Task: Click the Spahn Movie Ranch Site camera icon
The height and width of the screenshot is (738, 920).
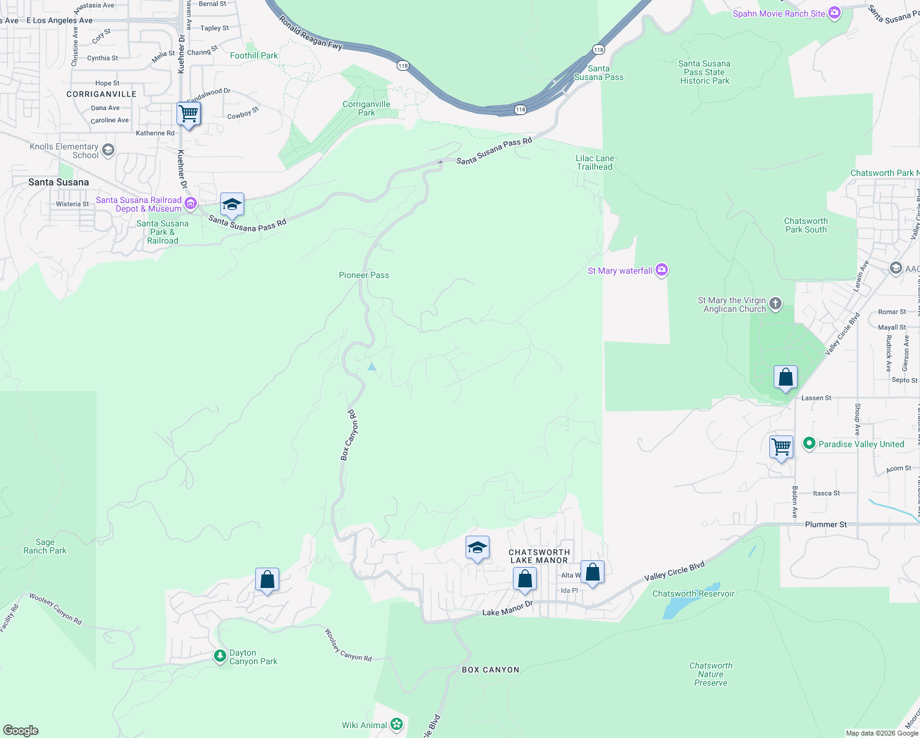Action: point(834,13)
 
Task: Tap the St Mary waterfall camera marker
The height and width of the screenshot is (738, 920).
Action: point(662,269)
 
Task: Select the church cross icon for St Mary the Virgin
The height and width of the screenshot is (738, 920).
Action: point(775,303)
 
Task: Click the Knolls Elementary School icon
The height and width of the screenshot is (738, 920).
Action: point(108,150)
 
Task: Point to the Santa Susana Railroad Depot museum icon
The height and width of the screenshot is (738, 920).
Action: point(191,204)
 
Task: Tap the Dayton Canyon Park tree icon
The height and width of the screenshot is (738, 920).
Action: point(220,656)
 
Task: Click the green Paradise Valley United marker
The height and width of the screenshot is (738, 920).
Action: point(809,443)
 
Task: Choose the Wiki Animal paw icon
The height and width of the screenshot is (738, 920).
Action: point(397,724)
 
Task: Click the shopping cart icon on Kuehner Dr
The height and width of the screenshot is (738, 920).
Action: point(188,113)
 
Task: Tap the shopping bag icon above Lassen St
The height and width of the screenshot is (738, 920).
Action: point(785,377)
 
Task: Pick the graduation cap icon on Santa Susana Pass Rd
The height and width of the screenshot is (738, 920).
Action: point(232,204)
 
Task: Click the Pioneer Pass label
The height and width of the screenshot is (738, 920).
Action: point(364,275)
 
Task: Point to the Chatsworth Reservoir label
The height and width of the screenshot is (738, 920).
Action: point(693,593)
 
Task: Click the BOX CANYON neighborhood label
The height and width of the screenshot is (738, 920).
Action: point(490,670)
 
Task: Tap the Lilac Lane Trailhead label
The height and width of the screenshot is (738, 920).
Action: point(595,162)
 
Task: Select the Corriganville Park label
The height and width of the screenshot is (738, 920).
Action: point(367,108)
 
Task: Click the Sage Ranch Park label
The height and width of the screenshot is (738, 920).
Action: point(45,546)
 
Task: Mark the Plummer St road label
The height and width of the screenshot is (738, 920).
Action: point(825,525)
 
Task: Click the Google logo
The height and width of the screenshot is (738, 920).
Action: point(21,731)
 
